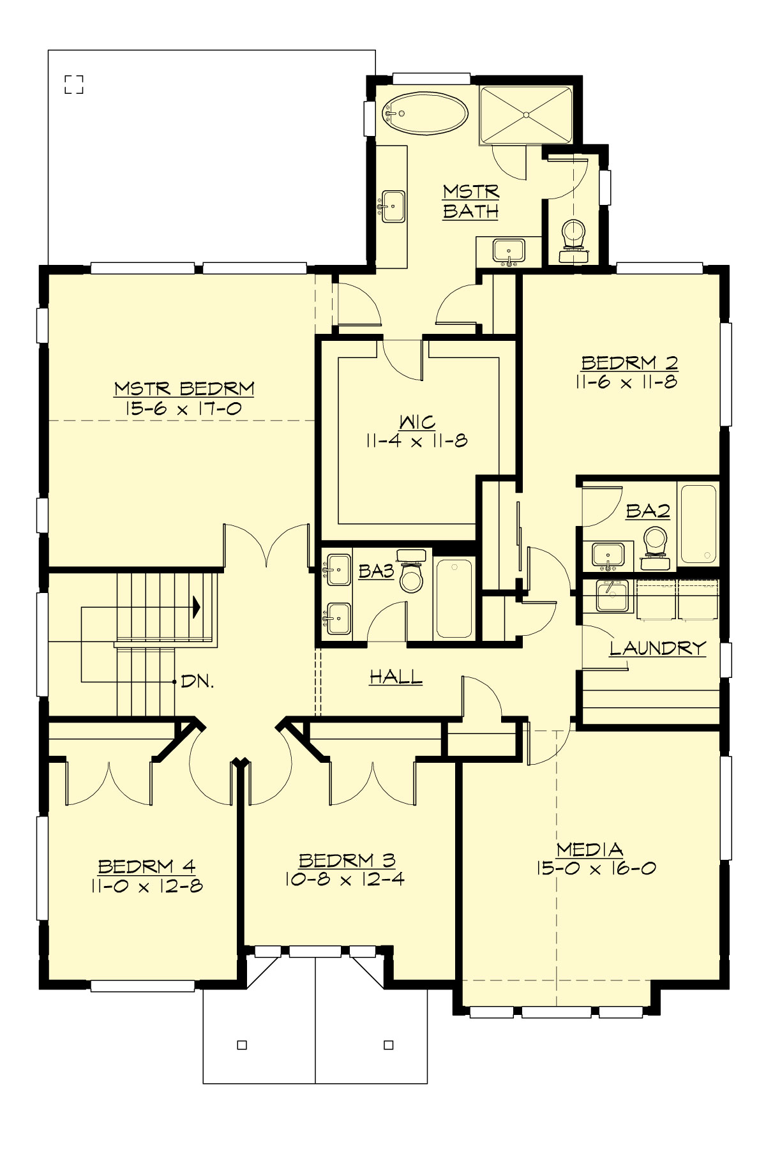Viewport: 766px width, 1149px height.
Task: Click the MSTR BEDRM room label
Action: [x=184, y=388]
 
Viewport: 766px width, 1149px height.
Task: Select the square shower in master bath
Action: [x=526, y=115]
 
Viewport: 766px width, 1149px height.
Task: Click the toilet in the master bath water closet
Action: [x=573, y=236]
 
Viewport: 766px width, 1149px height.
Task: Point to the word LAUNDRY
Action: [x=657, y=649]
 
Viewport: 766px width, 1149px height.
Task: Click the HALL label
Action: [x=396, y=677]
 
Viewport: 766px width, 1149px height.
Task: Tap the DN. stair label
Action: [x=197, y=681]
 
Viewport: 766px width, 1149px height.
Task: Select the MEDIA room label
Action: [x=589, y=849]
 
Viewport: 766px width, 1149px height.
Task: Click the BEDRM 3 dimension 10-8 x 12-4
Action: [x=345, y=879]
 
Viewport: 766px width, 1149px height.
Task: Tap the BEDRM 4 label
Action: [x=146, y=866]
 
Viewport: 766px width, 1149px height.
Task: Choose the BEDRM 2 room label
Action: [x=629, y=363]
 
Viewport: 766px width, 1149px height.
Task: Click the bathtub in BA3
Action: [x=454, y=597]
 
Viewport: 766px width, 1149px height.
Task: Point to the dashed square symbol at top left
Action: [x=74, y=84]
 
